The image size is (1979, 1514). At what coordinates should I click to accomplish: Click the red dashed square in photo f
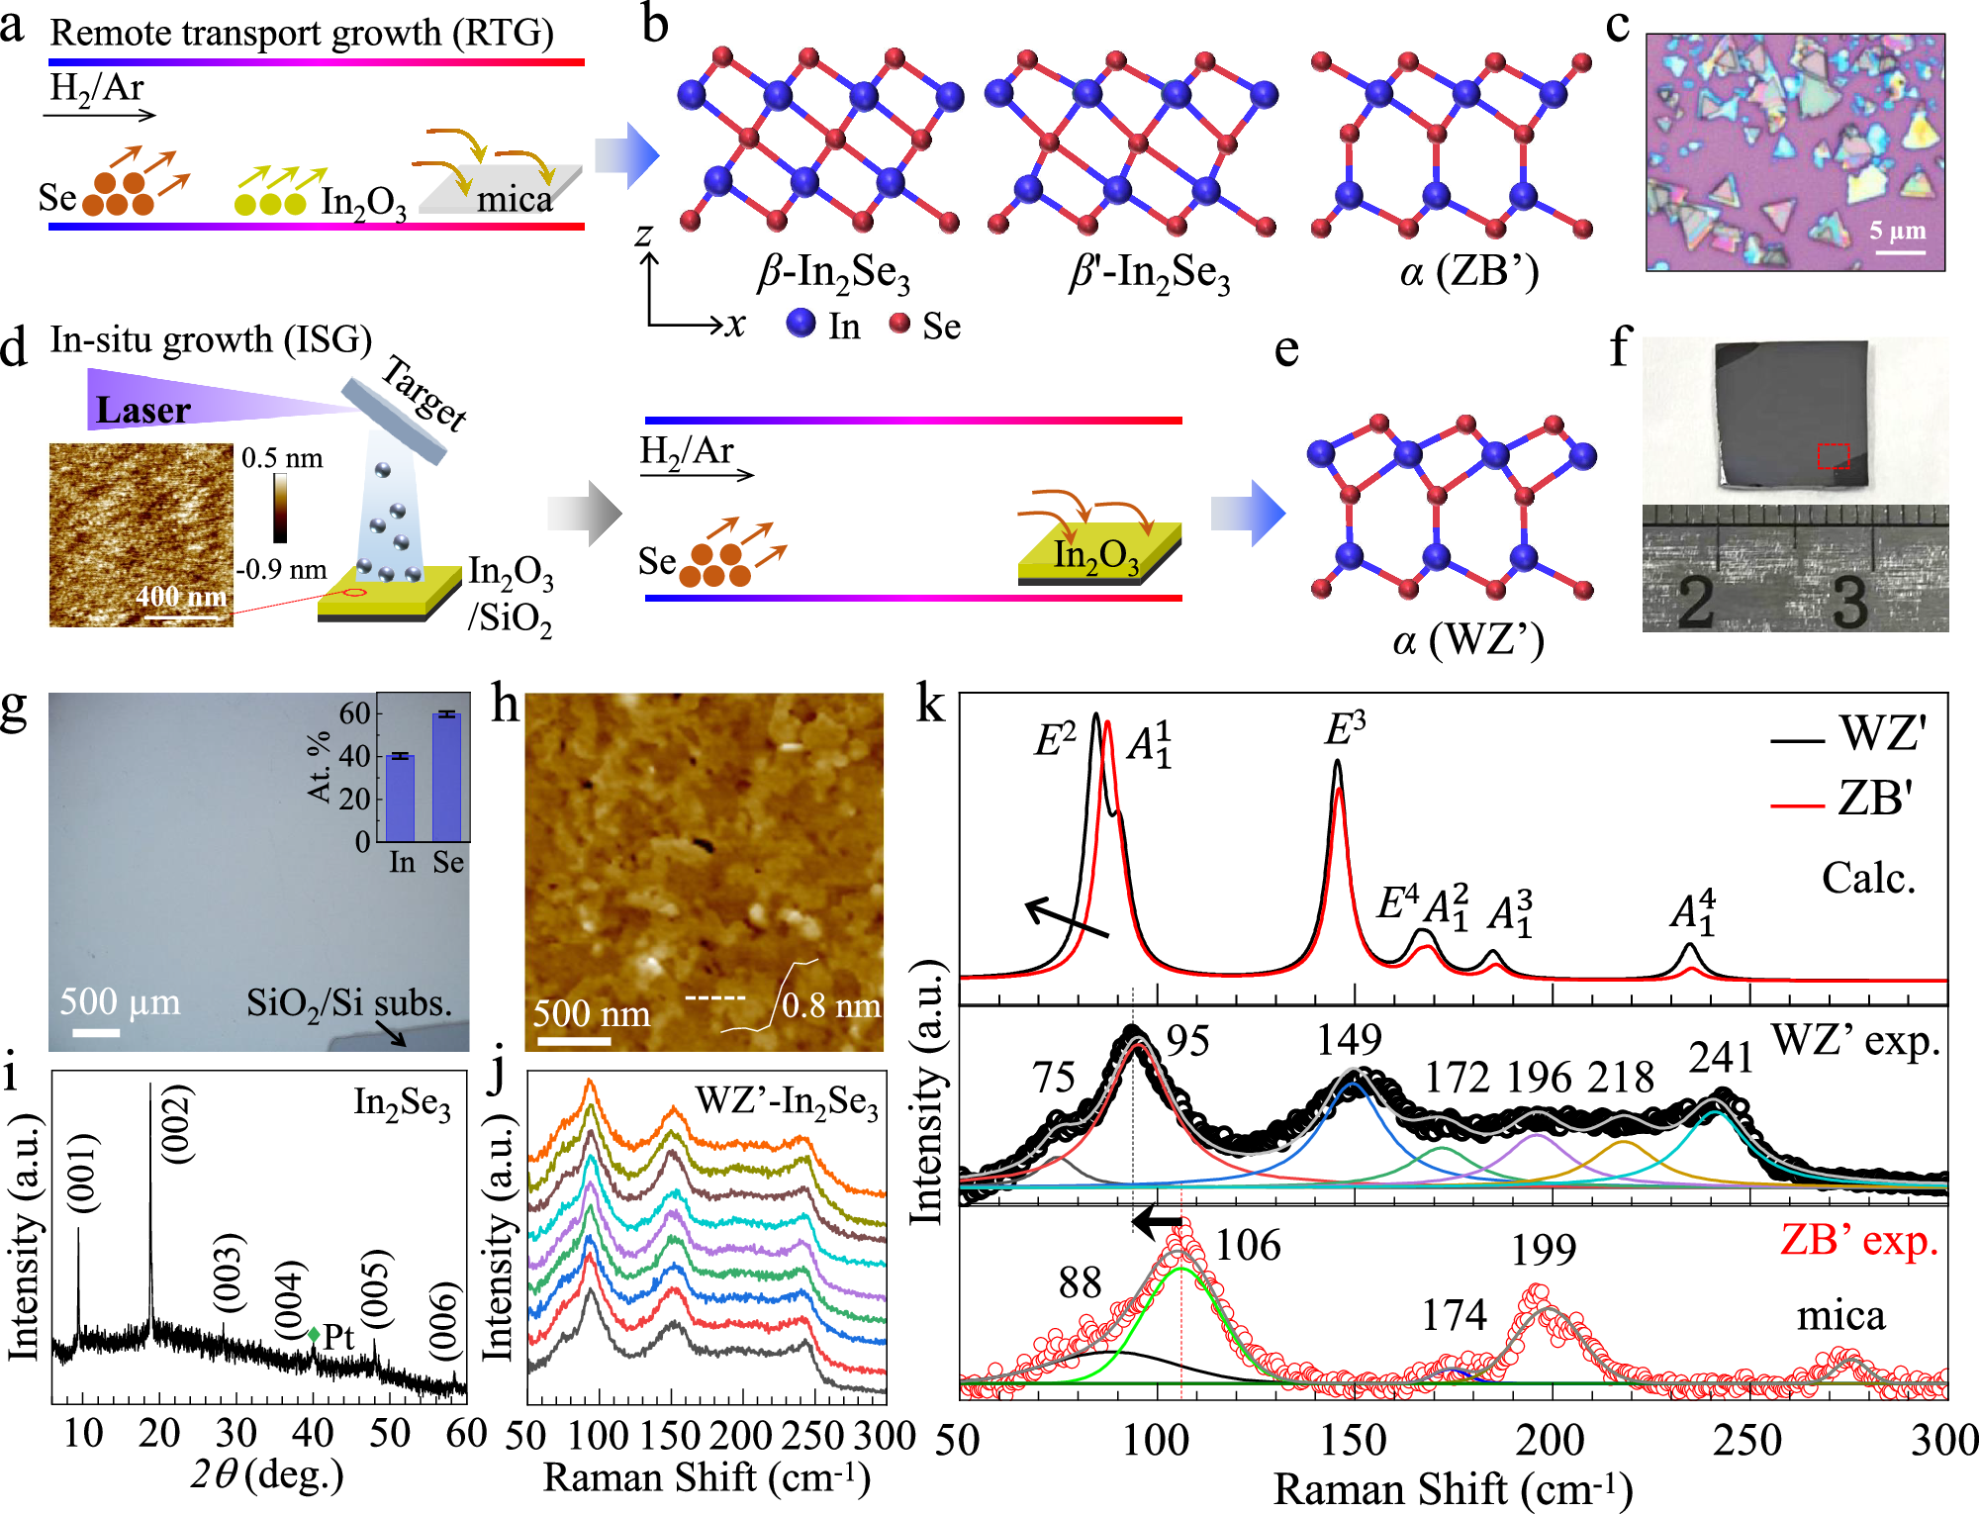pyautogui.click(x=1833, y=455)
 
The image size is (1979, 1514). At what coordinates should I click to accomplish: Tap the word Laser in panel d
pyautogui.click(x=142, y=410)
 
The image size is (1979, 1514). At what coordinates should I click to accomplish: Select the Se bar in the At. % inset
pyautogui.click(x=447, y=777)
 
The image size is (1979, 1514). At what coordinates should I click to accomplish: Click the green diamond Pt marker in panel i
pyautogui.click(x=314, y=1335)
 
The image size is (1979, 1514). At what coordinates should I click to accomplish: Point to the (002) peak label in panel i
pyautogui.click(x=177, y=1124)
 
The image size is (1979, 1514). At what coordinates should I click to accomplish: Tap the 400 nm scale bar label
pyautogui.click(x=181, y=597)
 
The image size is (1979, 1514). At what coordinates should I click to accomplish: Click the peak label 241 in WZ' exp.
pyautogui.click(x=1721, y=1058)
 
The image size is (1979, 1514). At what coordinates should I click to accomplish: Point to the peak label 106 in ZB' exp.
pyautogui.click(x=1247, y=1245)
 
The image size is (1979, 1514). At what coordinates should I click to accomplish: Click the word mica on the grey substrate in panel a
pyautogui.click(x=515, y=200)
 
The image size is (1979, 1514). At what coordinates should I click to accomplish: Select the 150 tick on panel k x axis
pyautogui.click(x=1353, y=1441)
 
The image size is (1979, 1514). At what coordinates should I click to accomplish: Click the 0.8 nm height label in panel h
pyautogui.click(x=831, y=1006)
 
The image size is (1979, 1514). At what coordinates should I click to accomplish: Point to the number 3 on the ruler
pyautogui.click(x=1848, y=601)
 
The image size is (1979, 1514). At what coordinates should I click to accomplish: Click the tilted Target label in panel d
pyautogui.click(x=424, y=393)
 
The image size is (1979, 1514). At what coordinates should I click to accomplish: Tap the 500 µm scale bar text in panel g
pyautogui.click(x=120, y=1002)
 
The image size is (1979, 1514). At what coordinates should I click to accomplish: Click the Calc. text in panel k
pyautogui.click(x=1868, y=878)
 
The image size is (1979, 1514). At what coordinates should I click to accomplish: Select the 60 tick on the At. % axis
pyautogui.click(x=354, y=713)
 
